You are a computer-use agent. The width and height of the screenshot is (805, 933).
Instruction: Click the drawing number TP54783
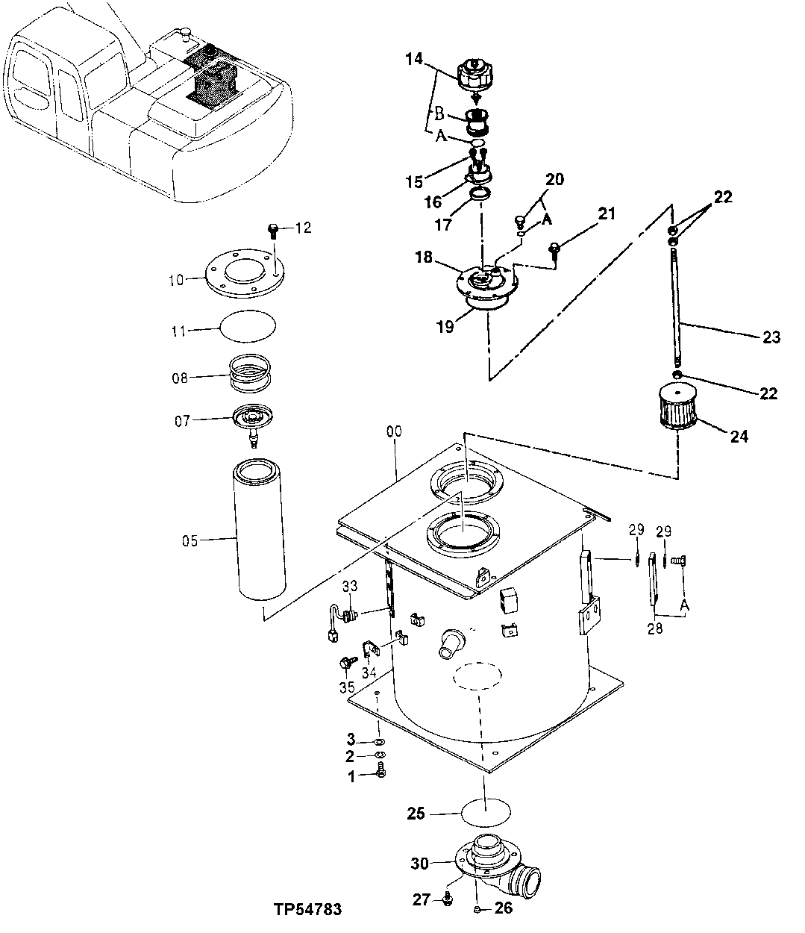307,910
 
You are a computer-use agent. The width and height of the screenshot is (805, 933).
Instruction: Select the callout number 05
189,540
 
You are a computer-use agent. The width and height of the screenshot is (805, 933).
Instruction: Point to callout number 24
739,436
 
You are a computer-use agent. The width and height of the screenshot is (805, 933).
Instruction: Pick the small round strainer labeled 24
680,405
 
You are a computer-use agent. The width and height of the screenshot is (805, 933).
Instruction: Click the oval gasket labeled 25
486,813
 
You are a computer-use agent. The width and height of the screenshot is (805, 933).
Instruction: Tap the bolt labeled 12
273,228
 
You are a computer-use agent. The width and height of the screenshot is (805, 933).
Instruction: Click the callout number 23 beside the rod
771,337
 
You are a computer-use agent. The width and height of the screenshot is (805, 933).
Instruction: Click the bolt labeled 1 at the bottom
381,775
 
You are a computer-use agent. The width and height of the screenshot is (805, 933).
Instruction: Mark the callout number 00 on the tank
395,431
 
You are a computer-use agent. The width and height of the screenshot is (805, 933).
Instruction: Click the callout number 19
445,327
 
